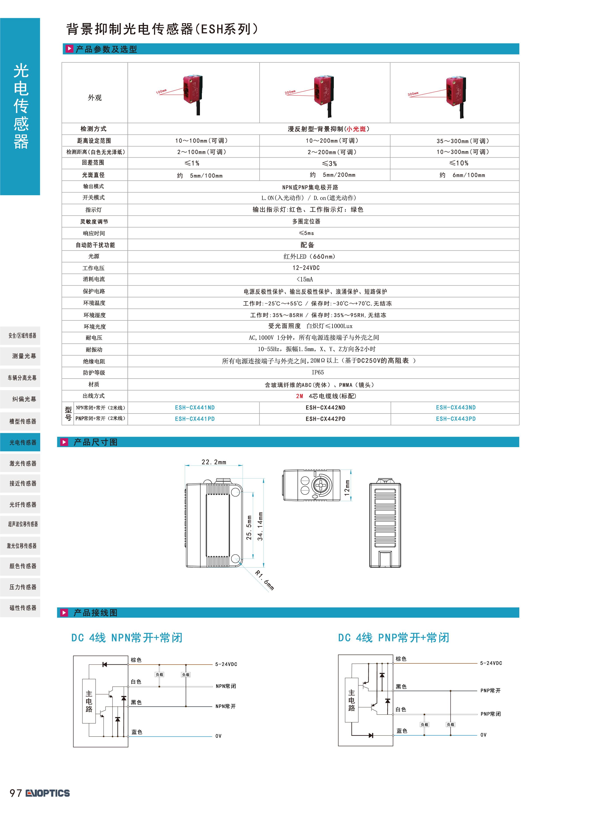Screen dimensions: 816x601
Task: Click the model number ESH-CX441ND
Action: pos(195,408)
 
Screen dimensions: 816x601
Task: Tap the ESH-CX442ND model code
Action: pos(325,408)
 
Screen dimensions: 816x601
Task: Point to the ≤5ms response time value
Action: pos(306,233)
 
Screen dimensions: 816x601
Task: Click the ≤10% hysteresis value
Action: pos(459,163)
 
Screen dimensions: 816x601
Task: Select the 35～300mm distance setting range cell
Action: pos(463,141)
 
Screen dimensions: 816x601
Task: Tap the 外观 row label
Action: pos(95,97)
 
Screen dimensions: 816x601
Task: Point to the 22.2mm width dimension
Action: pos(214,462)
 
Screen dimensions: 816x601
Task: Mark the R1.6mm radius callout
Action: pos(265,580)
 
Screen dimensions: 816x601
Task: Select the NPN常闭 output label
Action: pos(225,686)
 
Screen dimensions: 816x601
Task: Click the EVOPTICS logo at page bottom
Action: pos(48,793)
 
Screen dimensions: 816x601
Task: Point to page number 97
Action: pos(16,793)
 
